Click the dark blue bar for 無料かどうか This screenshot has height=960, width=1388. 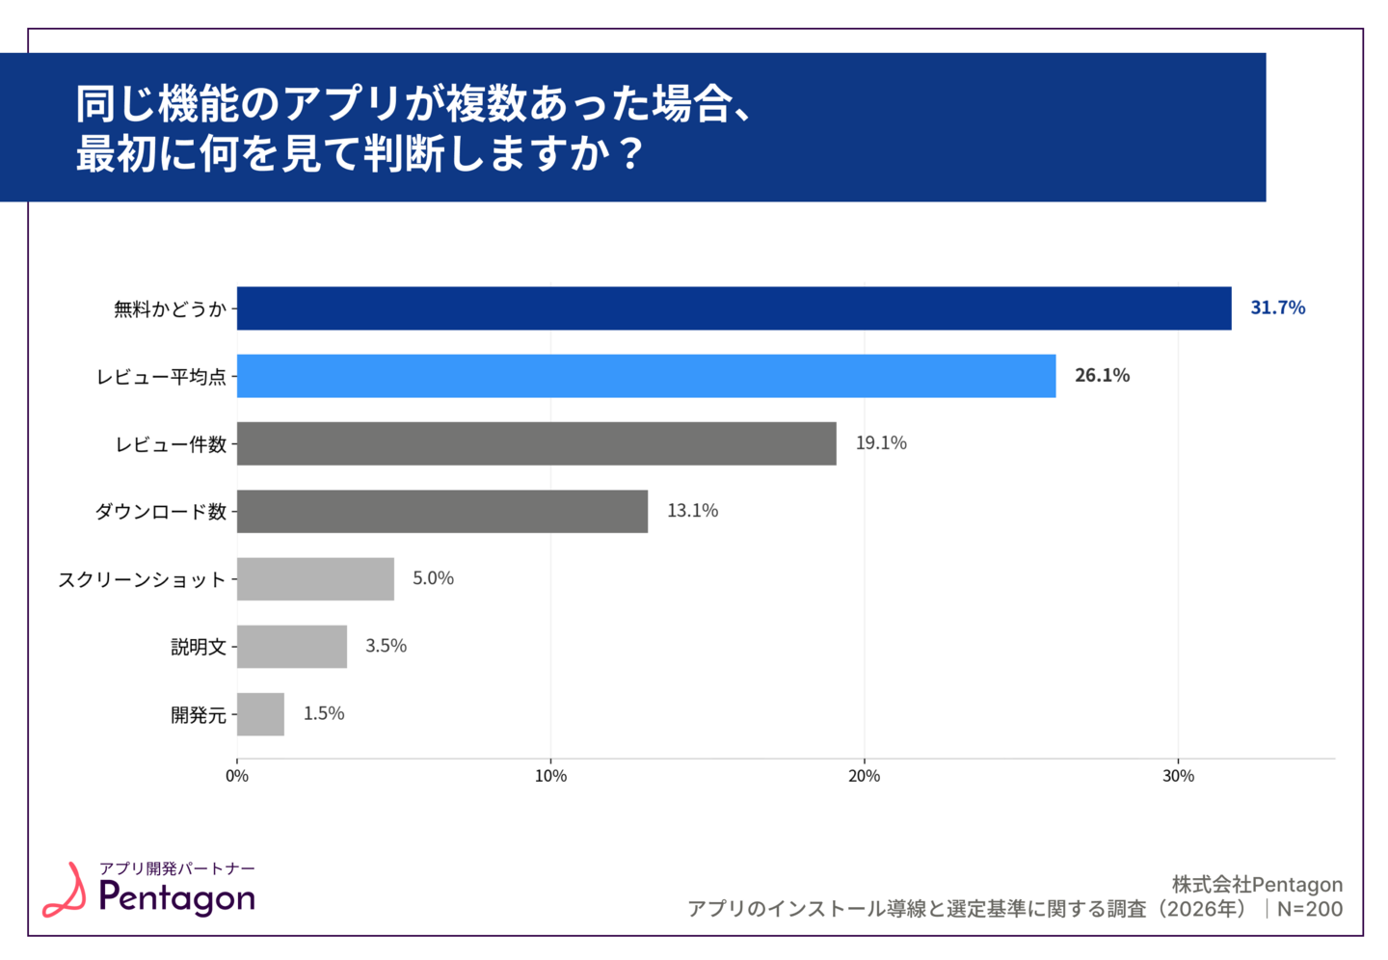[734, 308]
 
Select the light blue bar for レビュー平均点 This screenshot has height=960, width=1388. [646, 376]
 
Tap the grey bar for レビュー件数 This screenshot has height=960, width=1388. [536, 443]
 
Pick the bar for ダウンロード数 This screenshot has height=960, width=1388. [441, 511]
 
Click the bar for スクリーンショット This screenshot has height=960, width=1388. [315, 578]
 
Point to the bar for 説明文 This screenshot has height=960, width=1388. [291, 647]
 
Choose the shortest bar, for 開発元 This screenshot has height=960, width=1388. [260, 714]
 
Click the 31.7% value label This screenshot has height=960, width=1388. [1277, 307]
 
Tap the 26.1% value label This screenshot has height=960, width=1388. [1102, 375]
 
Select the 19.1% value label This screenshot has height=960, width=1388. [881, 442]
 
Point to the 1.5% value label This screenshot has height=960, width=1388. [324, 713]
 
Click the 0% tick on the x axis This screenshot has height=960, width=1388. [237, 776]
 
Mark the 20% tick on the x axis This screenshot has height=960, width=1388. [864, 776]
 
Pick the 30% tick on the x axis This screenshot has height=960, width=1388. [1178, 776]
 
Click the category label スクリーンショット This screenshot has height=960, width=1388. [142, 579]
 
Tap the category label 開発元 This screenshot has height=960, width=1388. [199, 715]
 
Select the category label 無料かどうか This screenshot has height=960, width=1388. [170, 309]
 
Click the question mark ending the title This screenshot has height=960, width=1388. [631, 154]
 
